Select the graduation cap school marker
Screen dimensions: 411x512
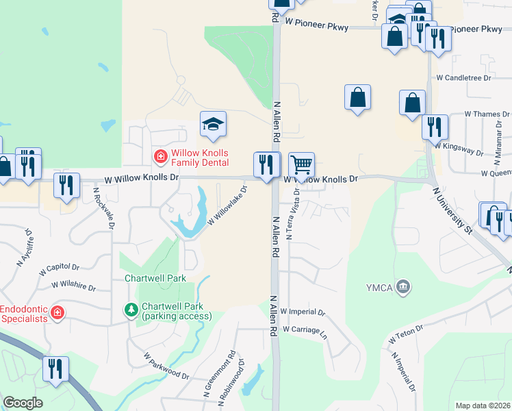(x=213, y=124)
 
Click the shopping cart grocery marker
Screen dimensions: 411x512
(x=301, y=165)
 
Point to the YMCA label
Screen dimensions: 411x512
(x=380, y=286)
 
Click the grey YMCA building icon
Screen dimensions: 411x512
(x=403, y=286)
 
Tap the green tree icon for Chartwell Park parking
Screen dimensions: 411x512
(x=131, y=311)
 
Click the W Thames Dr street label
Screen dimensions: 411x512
(x=487, y=114)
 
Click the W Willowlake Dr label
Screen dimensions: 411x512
(x=226, y=208)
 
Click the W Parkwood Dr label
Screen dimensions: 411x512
(x=166, y=366)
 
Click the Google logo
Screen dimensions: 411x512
(x=23, y=403)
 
